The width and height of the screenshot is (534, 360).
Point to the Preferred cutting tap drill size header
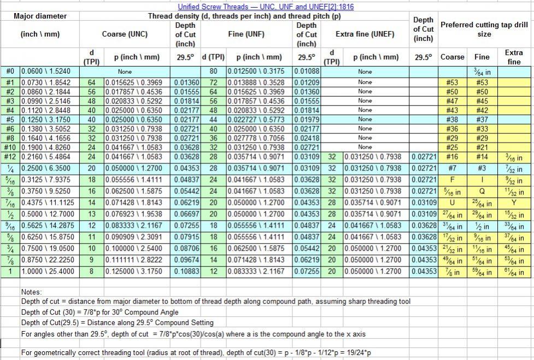point(484,29)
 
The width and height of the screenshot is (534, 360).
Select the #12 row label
point(10,157)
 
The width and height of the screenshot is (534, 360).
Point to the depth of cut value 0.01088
point(306,71)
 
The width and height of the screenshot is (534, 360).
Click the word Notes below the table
point(32,292)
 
